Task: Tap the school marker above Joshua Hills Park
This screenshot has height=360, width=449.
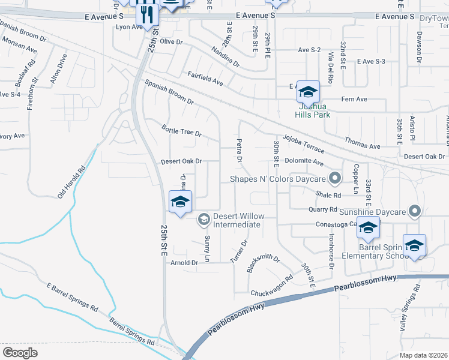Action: point(308,92)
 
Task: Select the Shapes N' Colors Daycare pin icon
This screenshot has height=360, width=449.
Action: point(335,178)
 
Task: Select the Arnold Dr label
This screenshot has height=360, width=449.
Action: point(184,263)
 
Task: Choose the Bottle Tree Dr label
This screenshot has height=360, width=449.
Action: point(182,129)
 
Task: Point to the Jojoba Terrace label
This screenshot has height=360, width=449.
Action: point(304,144)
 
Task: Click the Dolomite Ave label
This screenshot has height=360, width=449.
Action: point(304,162)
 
